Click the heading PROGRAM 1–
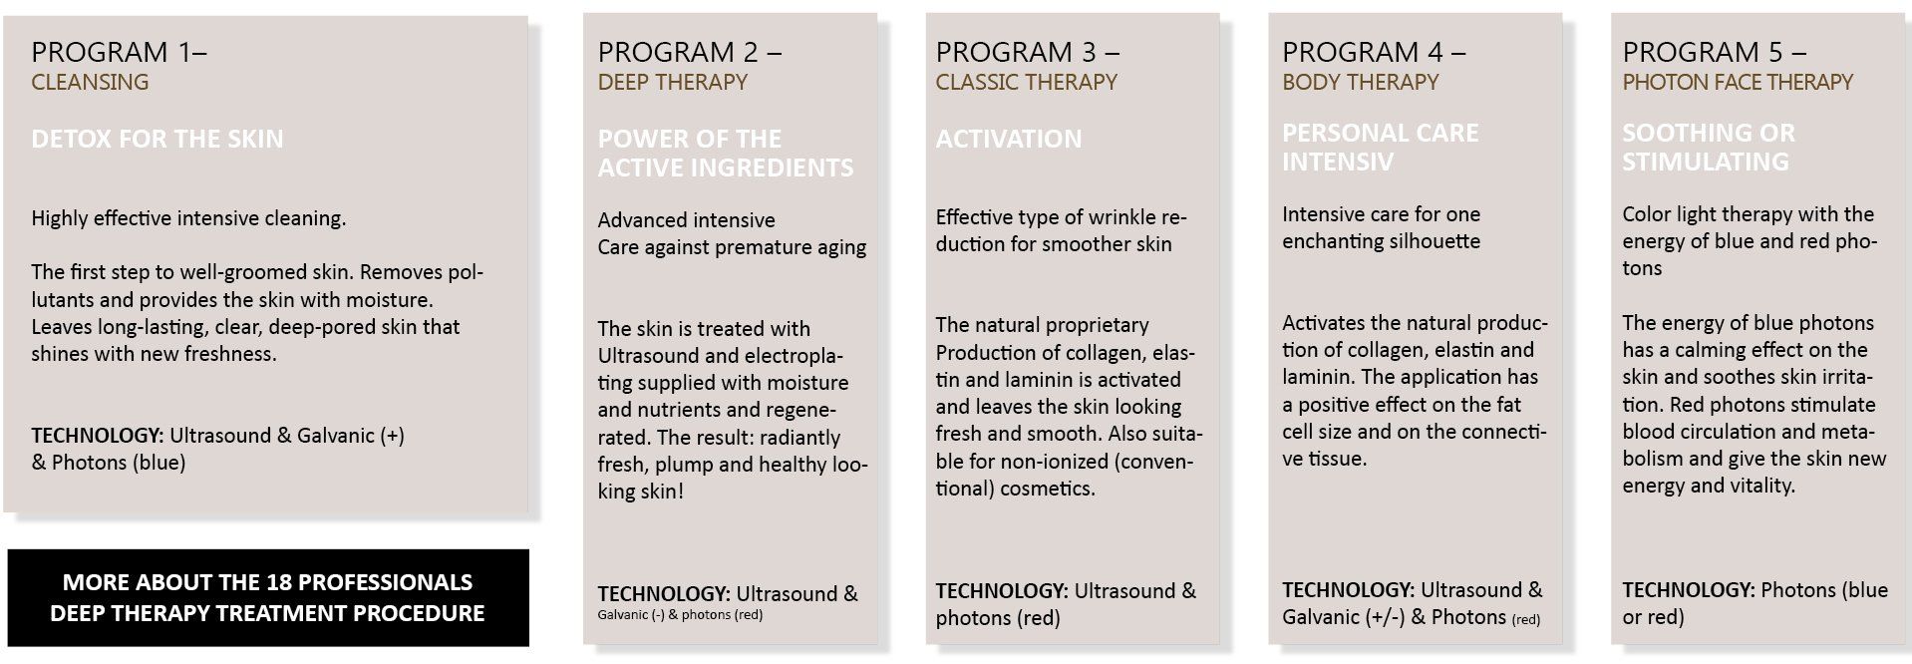click(x=119, y=52)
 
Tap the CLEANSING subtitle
click(x=90, y=83)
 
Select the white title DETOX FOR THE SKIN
click(x=157, y=139)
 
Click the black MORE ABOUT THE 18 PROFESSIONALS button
click(x=267, y=597)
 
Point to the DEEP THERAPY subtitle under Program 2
click(x=672, y=83)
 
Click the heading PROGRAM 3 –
click(x=1027, y=52)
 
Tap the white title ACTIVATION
click(x=1008, y=139)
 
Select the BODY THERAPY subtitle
click(x=1360, y=83)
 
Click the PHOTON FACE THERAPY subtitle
click(x=1737, y=83)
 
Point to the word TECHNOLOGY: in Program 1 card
click(x=97, y=436)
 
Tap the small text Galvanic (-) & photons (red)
click(x=680, y=615)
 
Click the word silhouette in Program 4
click(x=1432, y=241)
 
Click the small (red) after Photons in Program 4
click(x=1525, y=619)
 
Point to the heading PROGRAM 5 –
click(x=1714, y=52)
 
